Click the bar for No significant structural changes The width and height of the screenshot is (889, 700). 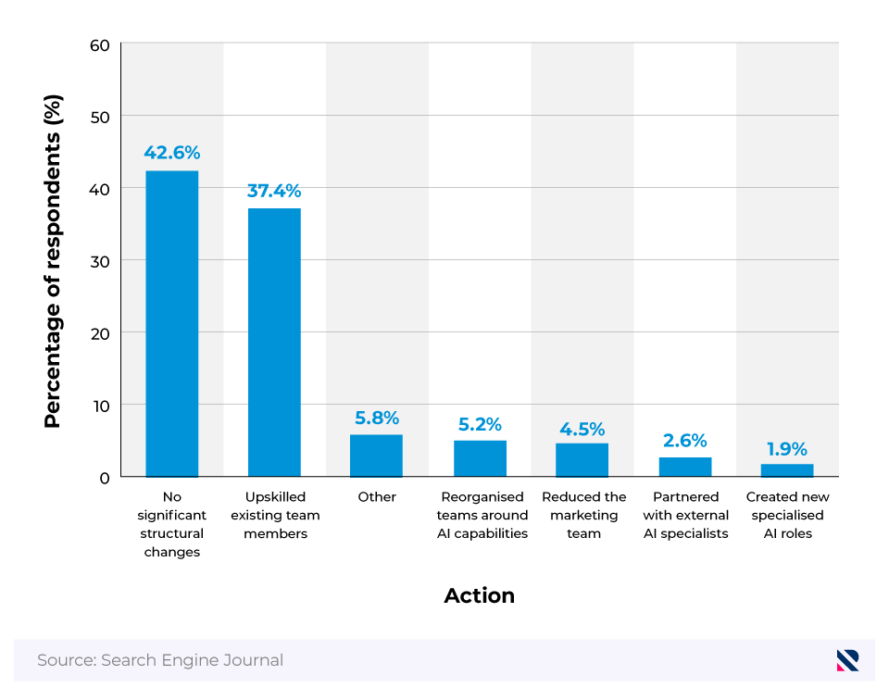171,324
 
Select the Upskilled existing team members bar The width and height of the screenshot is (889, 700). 274,343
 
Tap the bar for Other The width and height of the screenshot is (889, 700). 376,456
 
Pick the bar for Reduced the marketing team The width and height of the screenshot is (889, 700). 582,460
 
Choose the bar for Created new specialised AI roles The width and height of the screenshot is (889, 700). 787,470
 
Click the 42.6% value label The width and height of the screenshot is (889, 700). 171,153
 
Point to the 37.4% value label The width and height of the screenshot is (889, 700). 274,191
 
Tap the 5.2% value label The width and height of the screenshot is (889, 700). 480,424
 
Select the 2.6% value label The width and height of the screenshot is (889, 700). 685,440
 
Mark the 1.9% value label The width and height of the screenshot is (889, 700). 787,449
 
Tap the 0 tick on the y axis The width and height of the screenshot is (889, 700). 105,478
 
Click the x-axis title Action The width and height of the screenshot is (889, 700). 479,595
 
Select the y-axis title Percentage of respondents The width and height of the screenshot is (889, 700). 53,261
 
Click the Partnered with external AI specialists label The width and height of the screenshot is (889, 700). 685,515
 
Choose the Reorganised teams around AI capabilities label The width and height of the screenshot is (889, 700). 482,515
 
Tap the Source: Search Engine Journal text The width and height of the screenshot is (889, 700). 160,660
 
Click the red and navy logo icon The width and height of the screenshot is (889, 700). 847,660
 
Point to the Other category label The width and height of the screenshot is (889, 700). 377,497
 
